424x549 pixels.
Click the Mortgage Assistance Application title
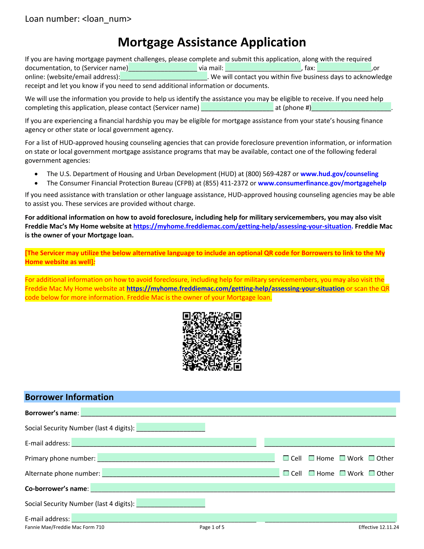coord(212,42)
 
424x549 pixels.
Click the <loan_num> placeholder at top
coord(106,19)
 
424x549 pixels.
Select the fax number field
coord(344,68)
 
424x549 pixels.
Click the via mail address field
coord(263,68)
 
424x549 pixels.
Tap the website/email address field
coord(164,77)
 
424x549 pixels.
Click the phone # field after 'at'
coord(351,107)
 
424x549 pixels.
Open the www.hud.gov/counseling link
coord(339,174)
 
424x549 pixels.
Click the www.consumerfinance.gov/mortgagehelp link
coord(322,183)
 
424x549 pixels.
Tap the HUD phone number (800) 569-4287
coord(268,174)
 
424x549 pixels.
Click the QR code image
coord(212,341)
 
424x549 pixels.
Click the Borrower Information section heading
coord(70,397)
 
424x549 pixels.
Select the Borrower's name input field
coord(238,412)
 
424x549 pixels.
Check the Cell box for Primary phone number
coord(286,458)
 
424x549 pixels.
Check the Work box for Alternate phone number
coord(343,473)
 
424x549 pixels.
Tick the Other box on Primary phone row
coord(372,458)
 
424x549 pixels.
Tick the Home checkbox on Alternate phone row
coord(312,473)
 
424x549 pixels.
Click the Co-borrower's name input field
coord(242,488)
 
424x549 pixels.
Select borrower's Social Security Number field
coord(171,427)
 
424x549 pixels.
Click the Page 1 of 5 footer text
coord(212,527)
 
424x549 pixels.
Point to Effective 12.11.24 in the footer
coord(378,527)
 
